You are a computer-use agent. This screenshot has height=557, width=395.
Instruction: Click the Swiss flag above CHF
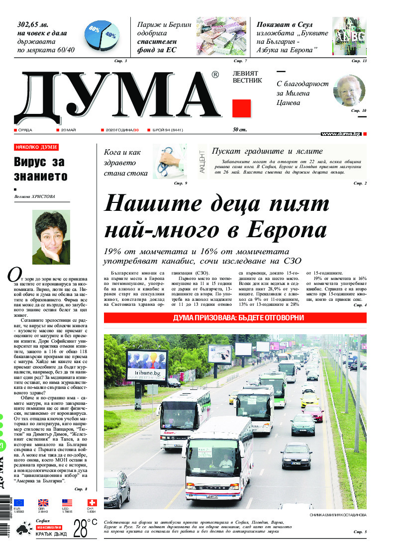pos(92,502)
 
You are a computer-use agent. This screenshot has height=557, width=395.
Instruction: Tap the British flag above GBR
pos(43,502)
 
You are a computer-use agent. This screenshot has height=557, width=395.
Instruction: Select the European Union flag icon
pos(19,502)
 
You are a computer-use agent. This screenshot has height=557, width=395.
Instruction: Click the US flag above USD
pos(67,502)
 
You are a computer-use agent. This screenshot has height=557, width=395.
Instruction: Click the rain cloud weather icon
pos(22,529)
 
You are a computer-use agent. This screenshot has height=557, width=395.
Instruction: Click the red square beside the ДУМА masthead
pos(242,108)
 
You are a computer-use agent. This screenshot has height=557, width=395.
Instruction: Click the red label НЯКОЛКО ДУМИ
pos(36,147)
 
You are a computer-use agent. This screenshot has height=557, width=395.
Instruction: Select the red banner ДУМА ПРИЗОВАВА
pos(235,318)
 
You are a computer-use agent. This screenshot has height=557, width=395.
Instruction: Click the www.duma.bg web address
pos(341,134)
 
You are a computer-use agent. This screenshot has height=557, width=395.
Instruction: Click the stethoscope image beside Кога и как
pos(169,162)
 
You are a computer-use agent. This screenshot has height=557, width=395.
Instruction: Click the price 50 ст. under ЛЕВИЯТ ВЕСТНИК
pos(240,130)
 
